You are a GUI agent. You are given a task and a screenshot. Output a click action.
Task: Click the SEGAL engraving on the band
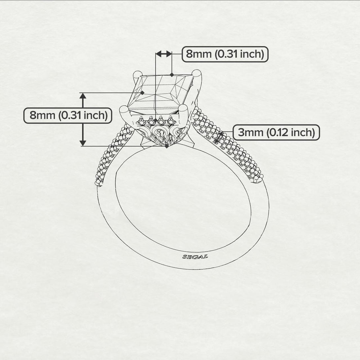click(195, 256)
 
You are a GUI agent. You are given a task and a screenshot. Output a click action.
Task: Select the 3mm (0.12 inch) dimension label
click(276, 132)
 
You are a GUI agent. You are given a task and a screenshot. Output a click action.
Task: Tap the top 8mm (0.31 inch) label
click(225, 54)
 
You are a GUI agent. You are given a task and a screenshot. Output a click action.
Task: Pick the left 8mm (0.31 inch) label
click(68, 115)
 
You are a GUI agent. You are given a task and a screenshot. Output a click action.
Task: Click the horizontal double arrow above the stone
click(164, 54)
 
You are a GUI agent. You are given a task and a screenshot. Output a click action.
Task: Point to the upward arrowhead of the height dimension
click(83, 96)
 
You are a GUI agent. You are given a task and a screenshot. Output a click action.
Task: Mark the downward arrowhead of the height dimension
click(83, 143)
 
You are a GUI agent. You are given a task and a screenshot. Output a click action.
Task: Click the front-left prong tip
click(124, 109)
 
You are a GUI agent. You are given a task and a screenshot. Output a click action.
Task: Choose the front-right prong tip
click(183, 108)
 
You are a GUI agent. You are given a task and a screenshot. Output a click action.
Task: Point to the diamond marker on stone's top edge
click(172, 75)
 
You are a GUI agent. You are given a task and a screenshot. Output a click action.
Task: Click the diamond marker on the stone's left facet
click(142, 93)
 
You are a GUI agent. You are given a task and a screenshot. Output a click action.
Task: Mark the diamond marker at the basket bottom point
click(167, 146)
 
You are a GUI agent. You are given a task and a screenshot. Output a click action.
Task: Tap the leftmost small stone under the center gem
click(141, 120)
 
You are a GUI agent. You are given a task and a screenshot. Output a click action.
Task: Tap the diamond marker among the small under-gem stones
click(156, 120)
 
